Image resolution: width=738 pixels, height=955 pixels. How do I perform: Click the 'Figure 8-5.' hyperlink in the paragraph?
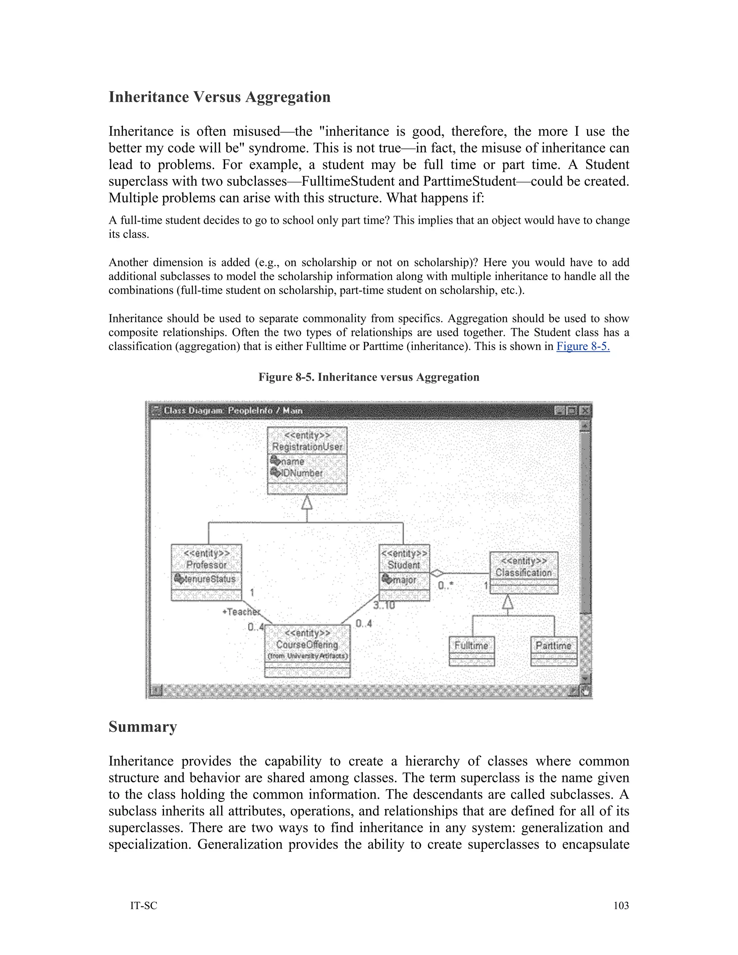[x=582, y=347]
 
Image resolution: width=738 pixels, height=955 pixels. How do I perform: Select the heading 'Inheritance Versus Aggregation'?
[x=219, y=97]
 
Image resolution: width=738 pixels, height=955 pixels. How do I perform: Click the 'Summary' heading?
[x=143, y=727]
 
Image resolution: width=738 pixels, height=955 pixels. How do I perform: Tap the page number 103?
[x=621, y=906]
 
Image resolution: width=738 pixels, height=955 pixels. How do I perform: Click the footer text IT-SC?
[x=143, y=906]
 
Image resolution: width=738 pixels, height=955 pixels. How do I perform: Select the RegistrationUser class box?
[x=307, y=461]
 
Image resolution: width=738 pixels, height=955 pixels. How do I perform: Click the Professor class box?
[x=206, y=572]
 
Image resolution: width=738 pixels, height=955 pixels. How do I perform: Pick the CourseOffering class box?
[x=307, y=650]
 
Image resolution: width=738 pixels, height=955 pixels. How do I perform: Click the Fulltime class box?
[x=472, y=650]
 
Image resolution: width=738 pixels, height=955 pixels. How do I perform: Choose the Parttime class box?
[x=553, y=650]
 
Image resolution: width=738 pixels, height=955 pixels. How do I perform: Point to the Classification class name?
[x=523, y=572]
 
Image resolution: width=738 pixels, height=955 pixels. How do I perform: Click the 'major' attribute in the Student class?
[x=404, y=580]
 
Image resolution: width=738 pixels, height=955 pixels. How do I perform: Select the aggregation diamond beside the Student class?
[x=437, y=573]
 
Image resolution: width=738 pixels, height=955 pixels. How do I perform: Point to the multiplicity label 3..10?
[x=384, y=605]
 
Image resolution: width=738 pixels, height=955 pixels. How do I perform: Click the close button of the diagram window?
[x=584, y=410]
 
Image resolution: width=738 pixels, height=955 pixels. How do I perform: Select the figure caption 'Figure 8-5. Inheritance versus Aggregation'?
[x=369, y=377]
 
